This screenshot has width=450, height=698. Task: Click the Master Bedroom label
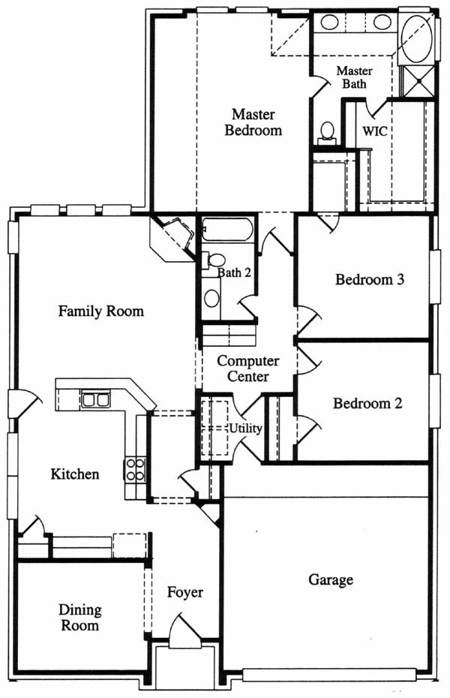pyautogui.click(x=253, y=122)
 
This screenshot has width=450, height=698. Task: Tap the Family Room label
pyautogui.click(x=101, y=311)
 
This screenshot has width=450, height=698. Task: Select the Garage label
pyautogui.click(x=331, y=579)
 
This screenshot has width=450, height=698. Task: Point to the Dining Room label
pyautogui.click(x=80, y=617)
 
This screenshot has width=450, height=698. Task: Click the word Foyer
pyautogui.click(x=185, y=592)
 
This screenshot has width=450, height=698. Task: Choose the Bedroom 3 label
pyautogui.click(x=370, y=279)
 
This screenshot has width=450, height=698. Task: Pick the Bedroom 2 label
pyautogui.click(x=367, y=403)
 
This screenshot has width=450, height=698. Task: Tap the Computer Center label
pyautogui.click(x=247, y=369)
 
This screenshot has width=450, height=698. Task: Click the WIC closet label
pyautogui.click(x=374, y=131)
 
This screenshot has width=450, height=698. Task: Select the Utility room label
pyautogui.click(x=245, y=429)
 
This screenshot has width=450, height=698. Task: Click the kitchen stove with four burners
pyautogui.click(x=135, y=470)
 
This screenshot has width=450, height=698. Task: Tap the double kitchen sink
pyautogui.click(x=95, y=400)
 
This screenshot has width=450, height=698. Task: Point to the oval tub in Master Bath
pyautogui.click(x=417, y=38)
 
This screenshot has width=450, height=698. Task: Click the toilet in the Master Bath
pyautogui.click(x=327, y=133)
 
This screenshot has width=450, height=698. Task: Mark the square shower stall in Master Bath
pyautogui.click(x=418, y=81)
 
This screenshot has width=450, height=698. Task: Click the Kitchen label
pyautogui.click(x=75, y=474)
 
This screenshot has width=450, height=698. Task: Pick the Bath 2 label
pyautogui.click(x=234, y=272)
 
